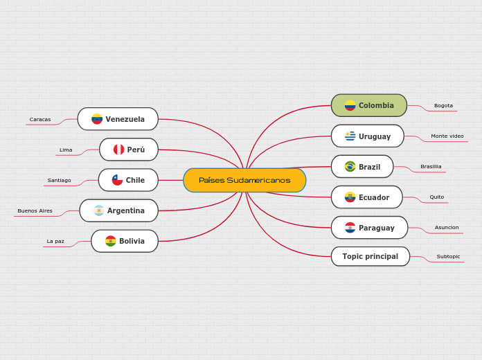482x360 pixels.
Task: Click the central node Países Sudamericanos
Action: tap(244, 180)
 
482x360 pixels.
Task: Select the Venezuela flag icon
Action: tap(97, 119)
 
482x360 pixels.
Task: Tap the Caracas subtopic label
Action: tap(40, 119)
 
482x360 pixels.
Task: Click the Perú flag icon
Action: tap(119, 150)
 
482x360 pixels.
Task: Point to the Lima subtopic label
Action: tap(66, 150)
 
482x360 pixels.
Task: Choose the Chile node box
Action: tap(128, 180)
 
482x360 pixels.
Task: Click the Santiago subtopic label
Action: tap(60, 180)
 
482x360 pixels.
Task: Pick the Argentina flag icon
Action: tap(99, 210)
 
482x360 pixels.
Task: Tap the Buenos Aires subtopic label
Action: tap(35, 210)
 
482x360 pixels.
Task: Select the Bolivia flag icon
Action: tap(111, 241)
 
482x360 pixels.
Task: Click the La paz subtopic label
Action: tap(55, 241)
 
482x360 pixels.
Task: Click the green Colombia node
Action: tap(369, 105)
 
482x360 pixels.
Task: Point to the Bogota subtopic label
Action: tap(443, 105)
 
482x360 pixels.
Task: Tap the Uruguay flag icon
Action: tap(350, 136)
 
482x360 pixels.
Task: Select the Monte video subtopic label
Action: tap(447, 136)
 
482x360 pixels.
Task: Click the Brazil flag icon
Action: tap(350, 167)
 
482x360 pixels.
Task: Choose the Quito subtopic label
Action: tap(437, 197)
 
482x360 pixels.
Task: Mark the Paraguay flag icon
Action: tap(350, 228)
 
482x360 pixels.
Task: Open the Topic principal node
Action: tap(370, 256)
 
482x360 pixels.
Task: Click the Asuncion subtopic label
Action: tap(447, 227)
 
